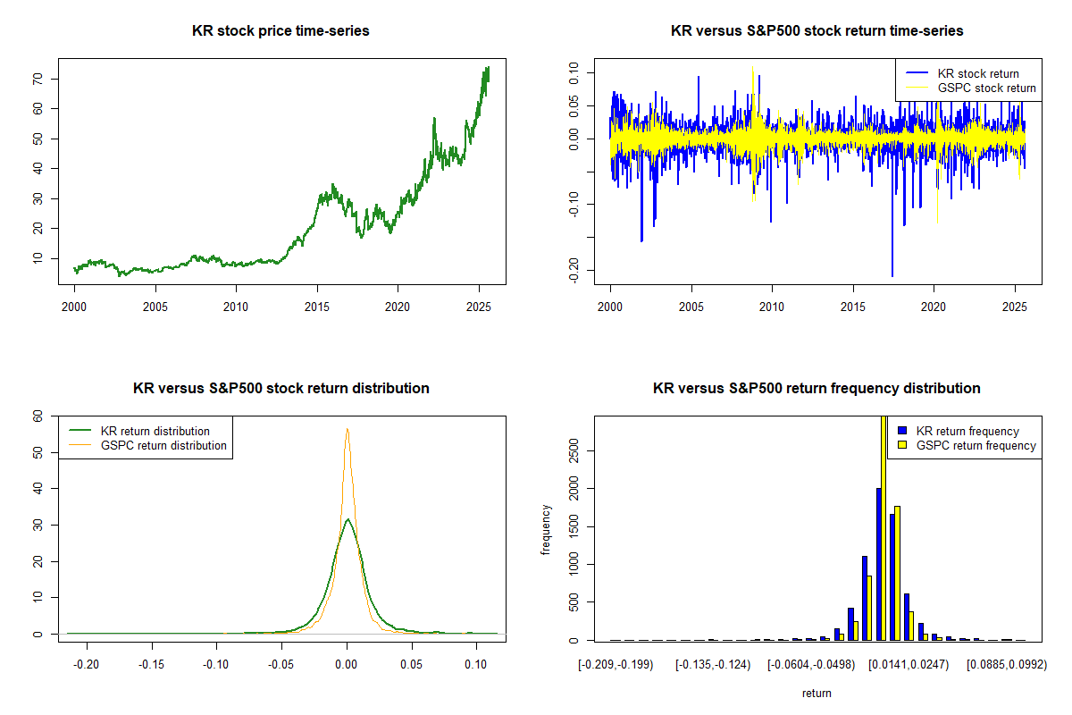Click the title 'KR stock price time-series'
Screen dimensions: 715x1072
(281, 31)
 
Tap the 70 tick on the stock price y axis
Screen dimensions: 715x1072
(39, 79)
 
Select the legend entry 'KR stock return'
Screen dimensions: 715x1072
(977, 73)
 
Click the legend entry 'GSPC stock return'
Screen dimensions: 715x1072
(986, 88)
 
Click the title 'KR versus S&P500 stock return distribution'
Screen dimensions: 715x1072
(281, 389)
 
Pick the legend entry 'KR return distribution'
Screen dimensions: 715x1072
(155, 431)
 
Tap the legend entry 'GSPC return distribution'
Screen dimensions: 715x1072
(163, 445)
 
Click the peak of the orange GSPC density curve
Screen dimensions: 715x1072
(347, 429)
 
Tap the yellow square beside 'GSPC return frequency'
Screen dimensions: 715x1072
(902, 445)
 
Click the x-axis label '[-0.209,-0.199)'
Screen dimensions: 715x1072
(616, 665)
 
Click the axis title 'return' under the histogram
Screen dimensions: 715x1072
(817, 693)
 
